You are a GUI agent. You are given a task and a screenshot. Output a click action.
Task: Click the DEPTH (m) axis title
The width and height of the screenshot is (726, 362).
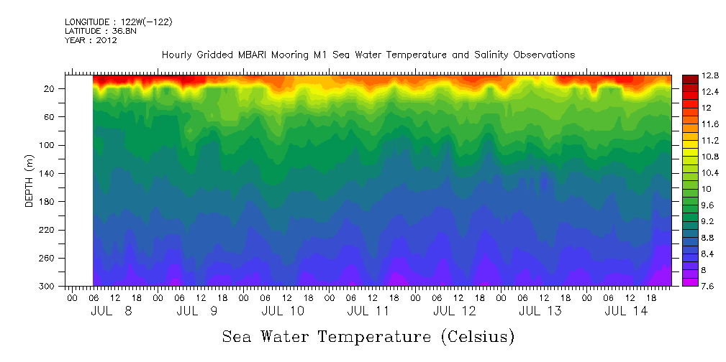(30, 182)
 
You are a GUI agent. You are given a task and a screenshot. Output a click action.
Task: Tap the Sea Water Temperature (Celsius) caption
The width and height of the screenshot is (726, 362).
(368, 336)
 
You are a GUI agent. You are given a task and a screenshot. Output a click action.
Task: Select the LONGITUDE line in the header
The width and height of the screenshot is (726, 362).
(118, 22)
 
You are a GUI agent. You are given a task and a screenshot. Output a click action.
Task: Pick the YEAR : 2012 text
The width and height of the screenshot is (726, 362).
(91, 40)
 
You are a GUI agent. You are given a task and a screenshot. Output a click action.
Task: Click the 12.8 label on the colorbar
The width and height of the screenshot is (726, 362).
(691, 75)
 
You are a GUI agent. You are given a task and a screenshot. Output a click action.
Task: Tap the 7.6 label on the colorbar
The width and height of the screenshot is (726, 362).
(691, 287)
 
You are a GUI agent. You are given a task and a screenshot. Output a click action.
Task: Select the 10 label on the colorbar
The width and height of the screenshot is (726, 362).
(687, 189)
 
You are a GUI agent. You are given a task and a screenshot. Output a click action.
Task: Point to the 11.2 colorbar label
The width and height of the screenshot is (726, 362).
(691, 140)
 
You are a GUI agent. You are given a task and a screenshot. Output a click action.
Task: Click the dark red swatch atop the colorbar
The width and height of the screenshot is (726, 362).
(689, 78)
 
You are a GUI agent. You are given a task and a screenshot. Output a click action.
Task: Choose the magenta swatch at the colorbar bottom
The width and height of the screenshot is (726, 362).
(689, 282)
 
